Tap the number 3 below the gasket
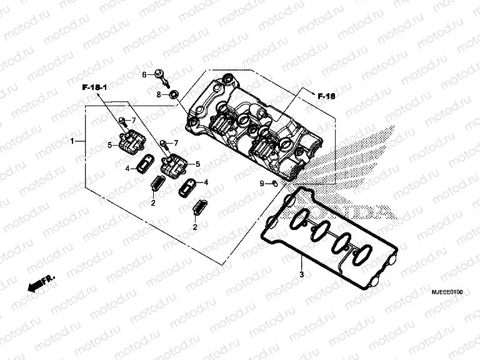coord(301,274)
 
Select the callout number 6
coord(143,75)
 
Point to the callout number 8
coord(159,94)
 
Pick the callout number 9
coord(262,182)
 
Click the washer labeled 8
coord(174,94)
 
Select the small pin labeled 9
coord(274,183)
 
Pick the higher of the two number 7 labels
coord(133,119)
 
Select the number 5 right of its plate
coord(197,164)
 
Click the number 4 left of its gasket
coord(127,168)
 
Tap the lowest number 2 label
coord(195,227)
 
